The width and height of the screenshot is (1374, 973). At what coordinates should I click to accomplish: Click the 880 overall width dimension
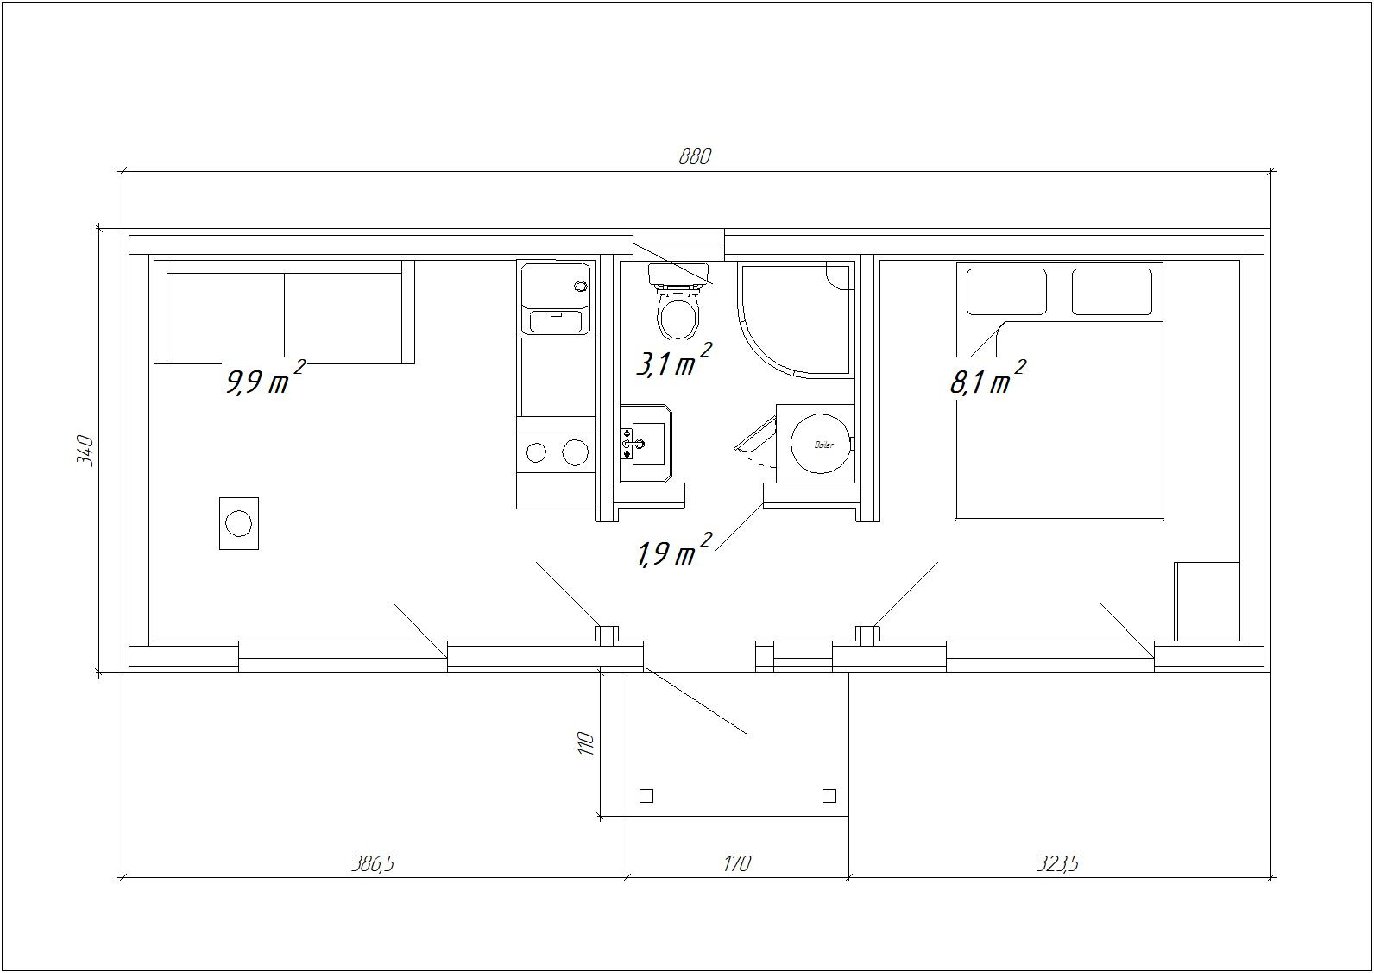(695, 157)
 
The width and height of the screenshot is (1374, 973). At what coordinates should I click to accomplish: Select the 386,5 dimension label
(373, 864)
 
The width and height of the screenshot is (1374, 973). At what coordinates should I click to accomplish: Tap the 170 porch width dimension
(737, 864)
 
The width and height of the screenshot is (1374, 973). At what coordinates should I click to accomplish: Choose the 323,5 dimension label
(1057, 864)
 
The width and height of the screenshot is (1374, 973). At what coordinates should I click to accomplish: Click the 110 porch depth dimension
(586, 743)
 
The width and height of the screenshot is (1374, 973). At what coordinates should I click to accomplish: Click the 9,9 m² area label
(266, 377)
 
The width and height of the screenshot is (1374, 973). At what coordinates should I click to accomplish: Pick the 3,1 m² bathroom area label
(674, 359)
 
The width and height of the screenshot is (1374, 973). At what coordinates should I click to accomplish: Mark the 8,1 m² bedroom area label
(987, 377)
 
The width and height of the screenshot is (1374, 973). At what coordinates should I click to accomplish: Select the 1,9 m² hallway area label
(674, 550)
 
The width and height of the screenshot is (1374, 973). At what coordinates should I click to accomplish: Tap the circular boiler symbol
(821, 444)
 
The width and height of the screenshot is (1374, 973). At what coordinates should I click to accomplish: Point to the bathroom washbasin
(646, 444)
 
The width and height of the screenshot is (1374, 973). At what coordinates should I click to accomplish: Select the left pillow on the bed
(1006, 292)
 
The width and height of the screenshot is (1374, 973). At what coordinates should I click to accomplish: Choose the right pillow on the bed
(1112, 292)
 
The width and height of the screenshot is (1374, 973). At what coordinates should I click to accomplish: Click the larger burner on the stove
(576, 452)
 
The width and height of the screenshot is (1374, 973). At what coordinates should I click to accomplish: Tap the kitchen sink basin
(556, 321)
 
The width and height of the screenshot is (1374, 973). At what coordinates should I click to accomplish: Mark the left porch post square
(646, 796)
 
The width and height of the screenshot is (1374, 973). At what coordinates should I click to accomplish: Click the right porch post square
(829, 796)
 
